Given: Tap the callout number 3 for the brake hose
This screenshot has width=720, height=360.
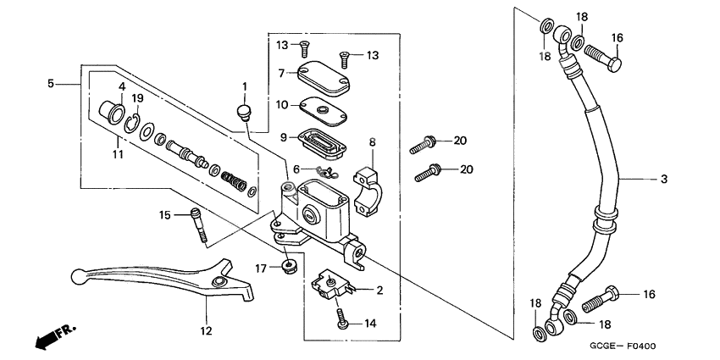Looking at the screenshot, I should pyautogui.click(x=664, y=179).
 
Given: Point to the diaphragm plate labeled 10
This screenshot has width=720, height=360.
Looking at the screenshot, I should pyautogui.click(x=320, y=107).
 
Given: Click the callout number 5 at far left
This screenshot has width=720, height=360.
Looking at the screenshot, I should pyautogui.click(x=51, y=83).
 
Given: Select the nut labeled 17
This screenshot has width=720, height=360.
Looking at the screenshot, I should pyautogui.click(x=290, y=268).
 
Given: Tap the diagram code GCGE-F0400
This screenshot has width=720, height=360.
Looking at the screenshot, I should pyautogui.click(x=625, y=346).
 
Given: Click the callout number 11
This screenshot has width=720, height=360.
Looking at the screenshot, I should pyautogui.click(x=119, y=153).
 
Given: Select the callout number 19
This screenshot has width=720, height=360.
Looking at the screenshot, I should pyautogui.click(x=137, y=98).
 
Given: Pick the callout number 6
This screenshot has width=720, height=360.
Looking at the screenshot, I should pyautogui.click(x=297, y=169).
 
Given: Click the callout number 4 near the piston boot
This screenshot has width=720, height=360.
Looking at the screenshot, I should pyautogui.click(x=121, y=86).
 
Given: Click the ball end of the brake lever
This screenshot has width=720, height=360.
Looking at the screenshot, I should pyautogui.click(x=76, y=274).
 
